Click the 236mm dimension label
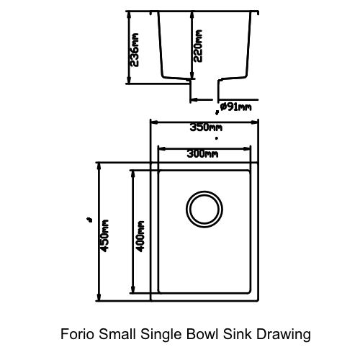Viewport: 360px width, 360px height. [x=135, y=48]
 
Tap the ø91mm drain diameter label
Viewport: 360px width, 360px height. [x=236, y=107]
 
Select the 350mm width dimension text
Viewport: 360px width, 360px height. [x=205, y=127]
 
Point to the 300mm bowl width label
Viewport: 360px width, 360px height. [x=202, y=153]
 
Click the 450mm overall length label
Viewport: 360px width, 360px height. [x=104, y=235]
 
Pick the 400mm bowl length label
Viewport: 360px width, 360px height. [x=140, y=235]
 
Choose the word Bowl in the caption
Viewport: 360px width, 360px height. [x=204, y=334]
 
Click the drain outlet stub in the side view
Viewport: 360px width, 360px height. [x=204, y=89]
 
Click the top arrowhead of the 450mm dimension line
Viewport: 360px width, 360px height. [x=99, y=166]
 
